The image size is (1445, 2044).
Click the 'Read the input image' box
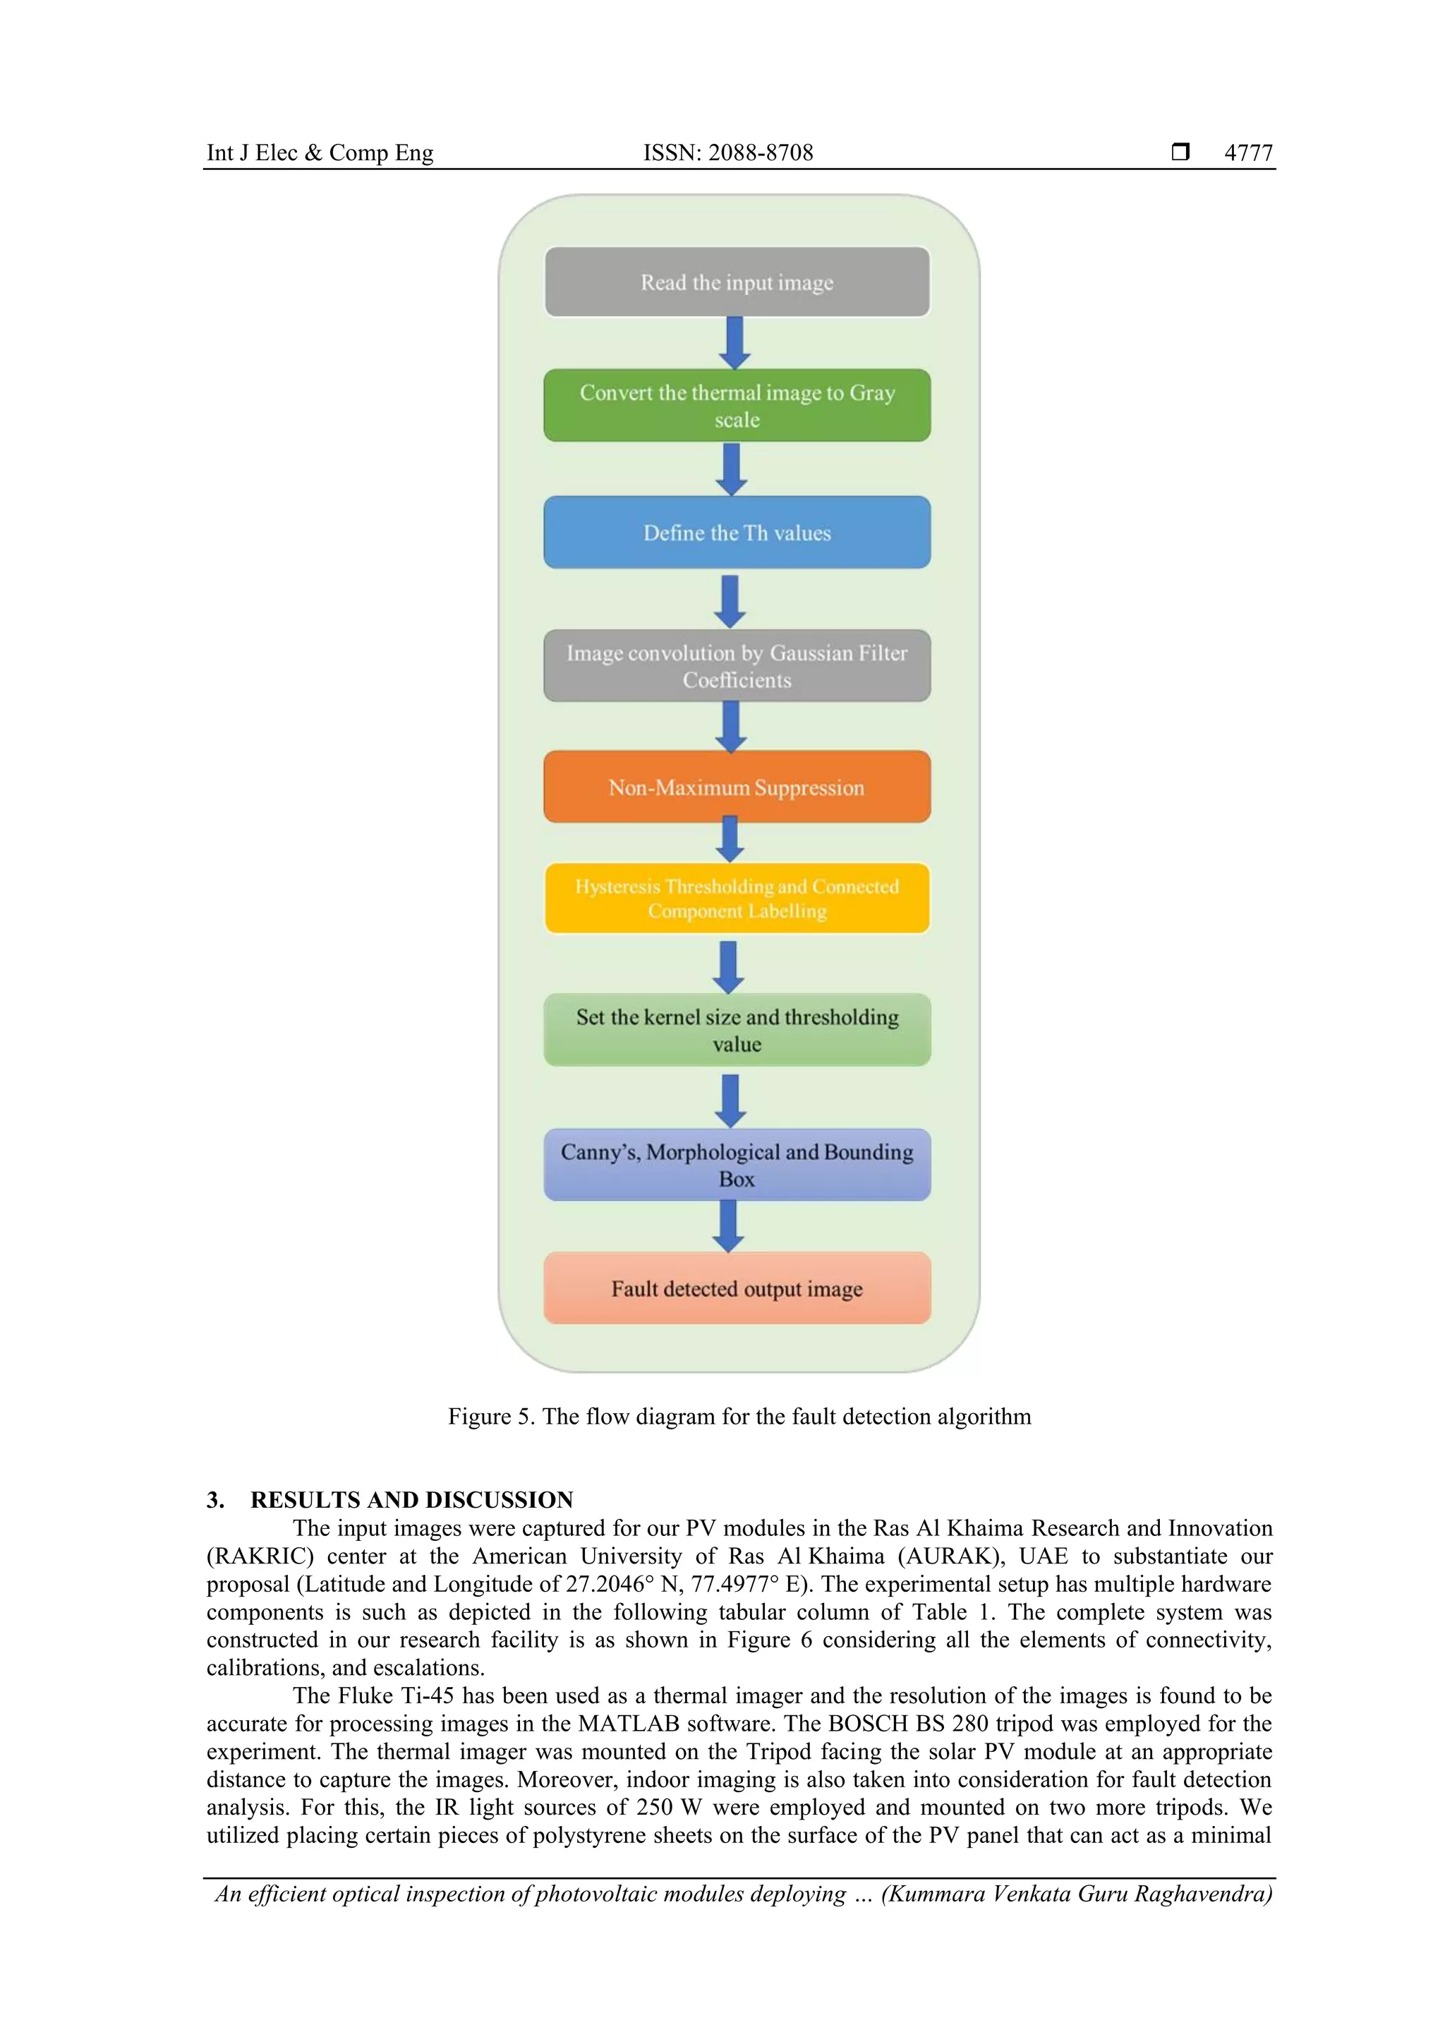pos(737,282)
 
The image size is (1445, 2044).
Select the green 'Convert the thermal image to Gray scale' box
pos(737,406)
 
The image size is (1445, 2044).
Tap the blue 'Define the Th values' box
pos(737,533)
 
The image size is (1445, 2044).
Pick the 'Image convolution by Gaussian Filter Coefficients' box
pos(737,666)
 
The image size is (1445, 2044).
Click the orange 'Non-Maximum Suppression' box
pos(737,787)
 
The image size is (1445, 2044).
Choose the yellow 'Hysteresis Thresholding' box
pos(737,898)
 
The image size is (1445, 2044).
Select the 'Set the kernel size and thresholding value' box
pos(737,1030)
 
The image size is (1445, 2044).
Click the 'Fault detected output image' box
pos(737,1288)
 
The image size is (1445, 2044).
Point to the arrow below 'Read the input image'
pos(734,343)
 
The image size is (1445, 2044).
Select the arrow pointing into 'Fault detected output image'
pos(729,1226)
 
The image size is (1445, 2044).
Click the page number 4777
pos(1248,153)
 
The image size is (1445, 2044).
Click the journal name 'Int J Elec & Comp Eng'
pos(320,153)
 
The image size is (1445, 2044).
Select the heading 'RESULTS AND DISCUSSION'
pos(411,1500)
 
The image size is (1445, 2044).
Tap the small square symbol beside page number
pos(1180,152)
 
